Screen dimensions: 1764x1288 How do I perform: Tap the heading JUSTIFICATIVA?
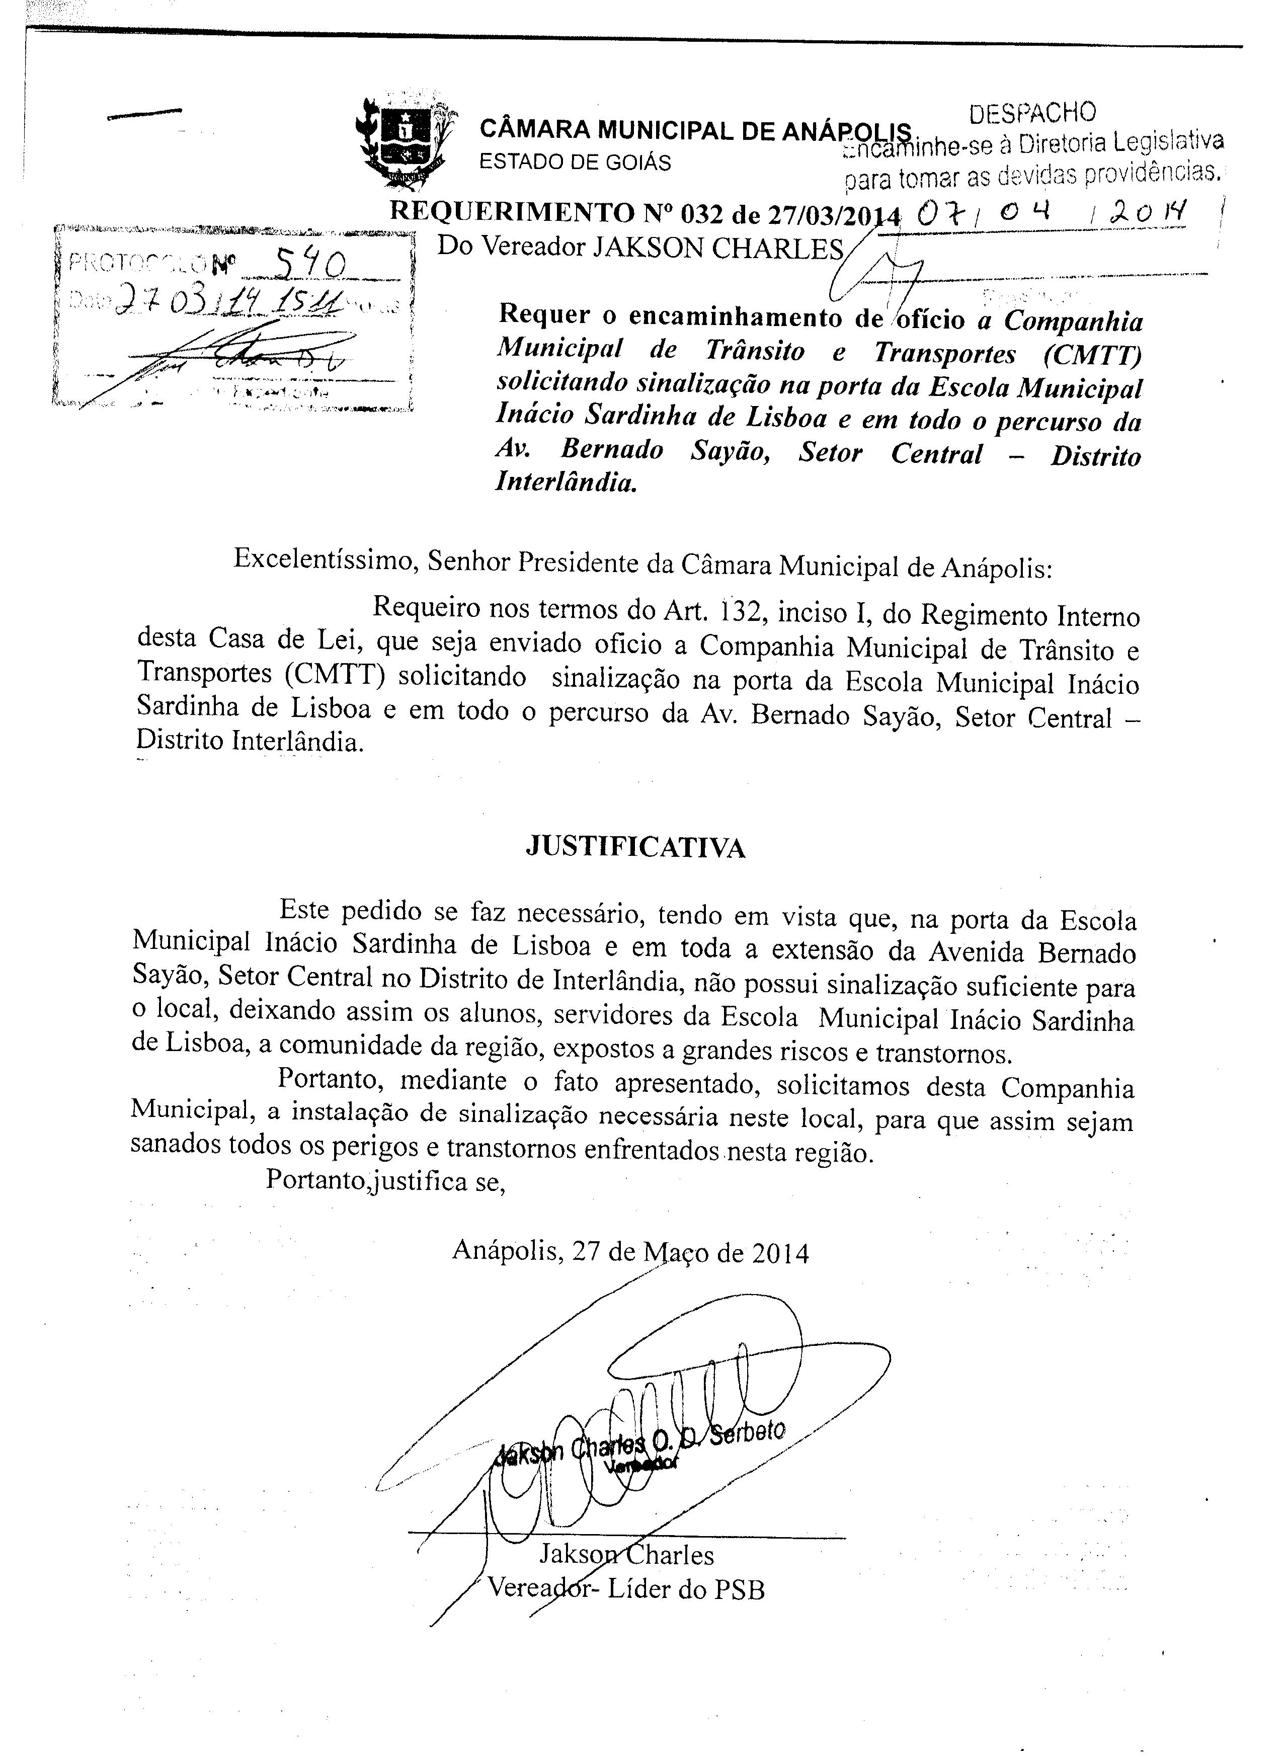635,847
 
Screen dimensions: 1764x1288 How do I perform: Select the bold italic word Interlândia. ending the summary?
567,484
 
